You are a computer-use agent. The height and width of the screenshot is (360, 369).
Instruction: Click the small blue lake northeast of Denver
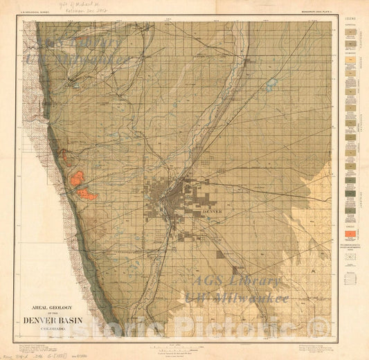coord(270,84)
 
